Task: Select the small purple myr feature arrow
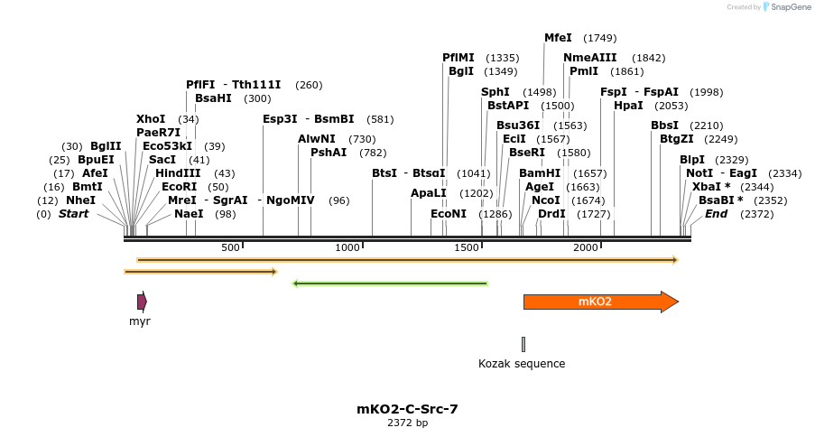tap(142, 302)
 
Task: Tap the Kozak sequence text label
tap(522, 364)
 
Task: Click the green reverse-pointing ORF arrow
tap(390, 284)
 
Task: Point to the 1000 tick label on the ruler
tap(347, 247)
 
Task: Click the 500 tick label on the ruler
tap(230, 247)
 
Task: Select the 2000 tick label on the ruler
tap(586, 247)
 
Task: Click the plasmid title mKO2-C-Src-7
tap(407, 409)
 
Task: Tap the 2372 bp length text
tap(407, 423)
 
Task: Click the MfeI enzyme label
tap(558, 38)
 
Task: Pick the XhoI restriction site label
tap(151, 119)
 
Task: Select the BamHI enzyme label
tap(540, 173)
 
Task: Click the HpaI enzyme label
tap(628, 106)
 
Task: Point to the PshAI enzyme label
tap(329, 153)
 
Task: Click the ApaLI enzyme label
tap(428, 193)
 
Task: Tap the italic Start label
tap(74, 214)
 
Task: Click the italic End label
tap(716, 214)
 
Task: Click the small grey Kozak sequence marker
tap(523, 344)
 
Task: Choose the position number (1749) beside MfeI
tap(600, 38)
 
